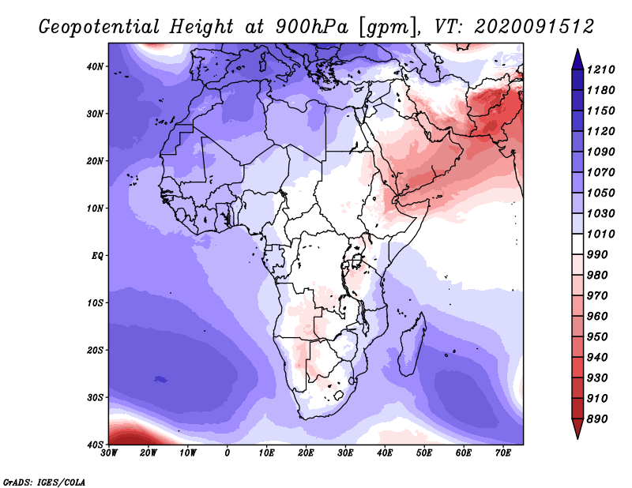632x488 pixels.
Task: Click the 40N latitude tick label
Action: coord(95,66)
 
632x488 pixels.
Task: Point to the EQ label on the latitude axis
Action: coord(97,256)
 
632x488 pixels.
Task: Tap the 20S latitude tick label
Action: coord(95,350)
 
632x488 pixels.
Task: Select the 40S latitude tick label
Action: coord(95,445)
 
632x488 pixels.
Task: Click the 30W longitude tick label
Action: coord(109,453)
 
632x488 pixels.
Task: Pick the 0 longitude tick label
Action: coord(228,453)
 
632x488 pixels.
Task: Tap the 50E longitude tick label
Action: coord(424,453)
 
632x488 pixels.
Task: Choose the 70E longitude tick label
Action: coord(503,453)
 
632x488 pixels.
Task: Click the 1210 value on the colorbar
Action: coord(600,69)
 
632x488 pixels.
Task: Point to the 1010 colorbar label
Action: coord(600,234)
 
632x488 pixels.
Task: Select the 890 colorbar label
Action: coord(597,419)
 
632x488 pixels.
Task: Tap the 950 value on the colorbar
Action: coord(597,337)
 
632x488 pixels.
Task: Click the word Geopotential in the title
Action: coord(100,27)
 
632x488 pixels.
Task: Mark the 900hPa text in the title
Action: coord(312,27)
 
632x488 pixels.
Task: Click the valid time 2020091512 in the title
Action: coord(534,27)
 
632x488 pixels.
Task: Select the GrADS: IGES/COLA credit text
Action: coord(44,482)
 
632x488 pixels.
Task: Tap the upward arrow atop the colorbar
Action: coord(577,59)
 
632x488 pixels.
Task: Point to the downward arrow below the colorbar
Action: coord(577,429)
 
